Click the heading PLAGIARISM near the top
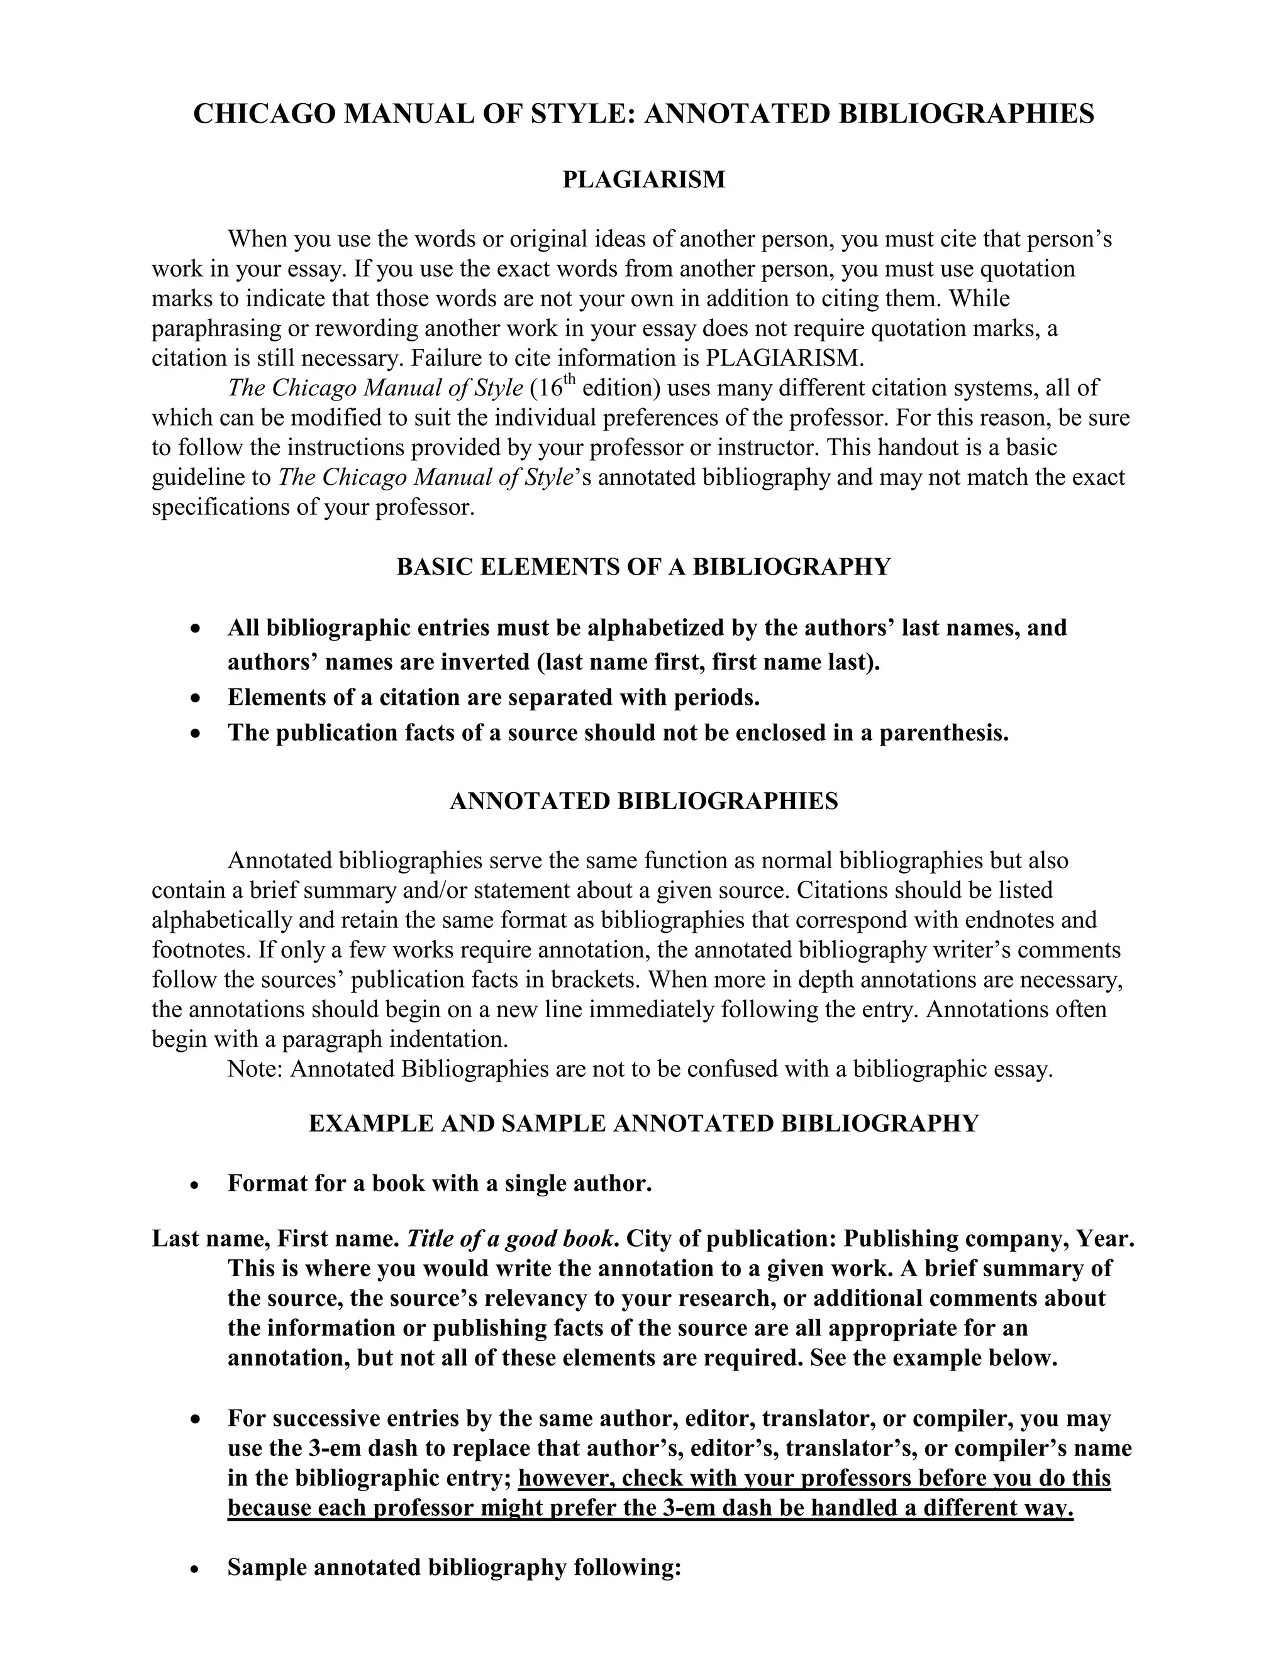pos(643,179)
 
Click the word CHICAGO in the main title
pos(264,114)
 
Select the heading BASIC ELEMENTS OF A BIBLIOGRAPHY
pos(643,567)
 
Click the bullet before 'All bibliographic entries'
pos(197,629)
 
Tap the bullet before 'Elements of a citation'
pos(197,698)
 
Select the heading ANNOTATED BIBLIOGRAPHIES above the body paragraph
pos(643,801)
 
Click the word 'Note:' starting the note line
pos(255,1069)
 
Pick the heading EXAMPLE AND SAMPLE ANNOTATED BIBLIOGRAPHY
pos(643,1123)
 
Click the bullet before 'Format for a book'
pos(197,1184)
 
